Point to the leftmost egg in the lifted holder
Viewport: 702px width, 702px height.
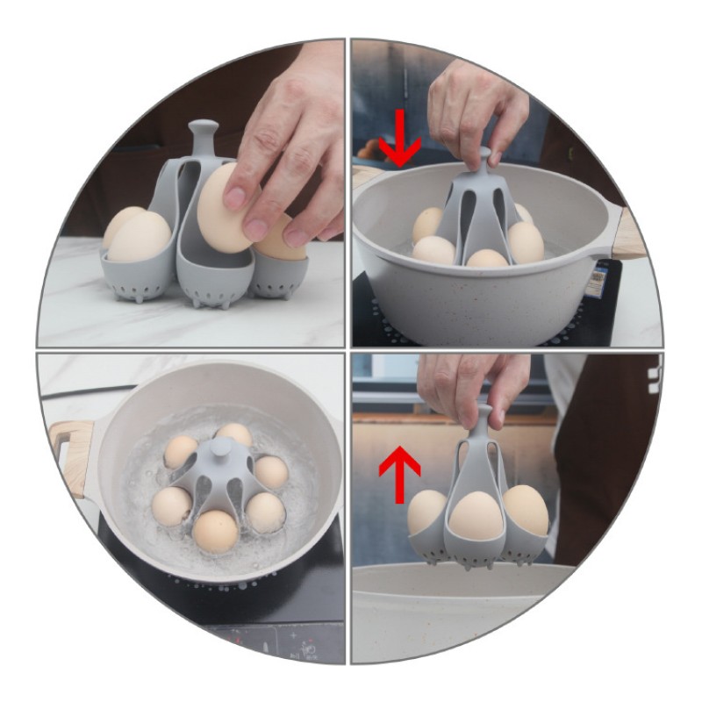[x=427, y=512]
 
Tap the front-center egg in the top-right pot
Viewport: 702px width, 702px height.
[x=486, y=259]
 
